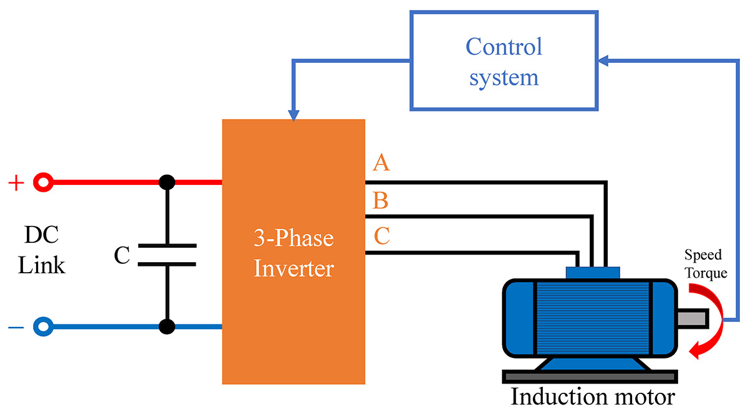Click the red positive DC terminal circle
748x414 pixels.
42,182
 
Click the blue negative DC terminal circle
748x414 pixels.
42,326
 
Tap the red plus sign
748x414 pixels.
16,183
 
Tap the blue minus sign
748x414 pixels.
16,326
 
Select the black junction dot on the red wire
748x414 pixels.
166,182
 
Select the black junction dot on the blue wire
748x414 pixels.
166,326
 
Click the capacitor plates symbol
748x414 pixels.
166,255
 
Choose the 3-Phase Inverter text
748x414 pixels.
294,253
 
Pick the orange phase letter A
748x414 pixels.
381,164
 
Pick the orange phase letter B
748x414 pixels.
381,201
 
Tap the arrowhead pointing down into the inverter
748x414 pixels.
294,115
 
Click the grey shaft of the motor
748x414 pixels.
693,318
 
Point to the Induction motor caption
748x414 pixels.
592,396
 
